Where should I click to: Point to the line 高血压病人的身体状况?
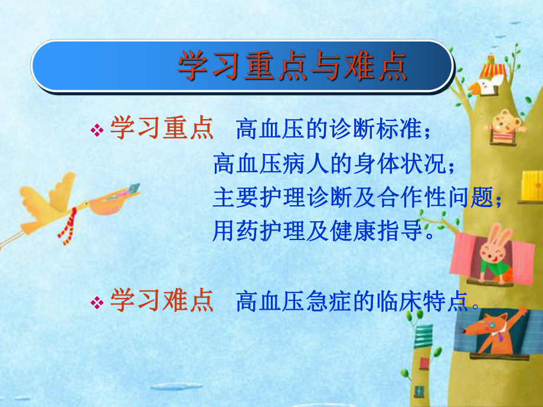point(333,165)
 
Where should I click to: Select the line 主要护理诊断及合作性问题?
point(357,198)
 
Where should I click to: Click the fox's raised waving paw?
point(520,315)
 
